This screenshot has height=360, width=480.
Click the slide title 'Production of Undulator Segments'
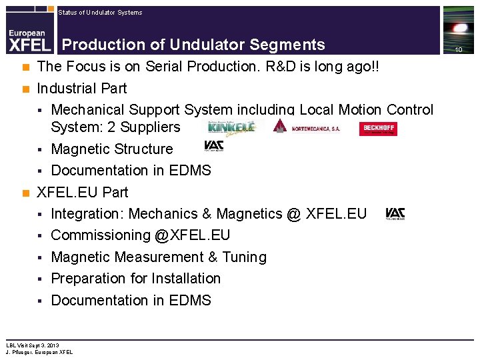tap(193, 45)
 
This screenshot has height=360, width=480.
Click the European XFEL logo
tap(28, 39)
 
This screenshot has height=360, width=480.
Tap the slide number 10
tap(459, 50)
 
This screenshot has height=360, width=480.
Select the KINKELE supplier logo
tap(231, 127)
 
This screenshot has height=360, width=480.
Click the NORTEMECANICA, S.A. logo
tap(307, 128)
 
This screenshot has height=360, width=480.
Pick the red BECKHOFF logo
tap(377, 129)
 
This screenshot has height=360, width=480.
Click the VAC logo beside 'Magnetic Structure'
tap(213, 147)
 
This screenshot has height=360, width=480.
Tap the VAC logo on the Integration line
tap(395, 214)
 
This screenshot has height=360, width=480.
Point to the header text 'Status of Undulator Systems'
tap(100, 12)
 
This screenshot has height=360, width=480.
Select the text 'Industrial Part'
tap(82, 88)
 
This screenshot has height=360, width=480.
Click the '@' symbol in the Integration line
tap(293, 214)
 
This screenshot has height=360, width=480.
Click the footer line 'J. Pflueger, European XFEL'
tap(39, 352)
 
